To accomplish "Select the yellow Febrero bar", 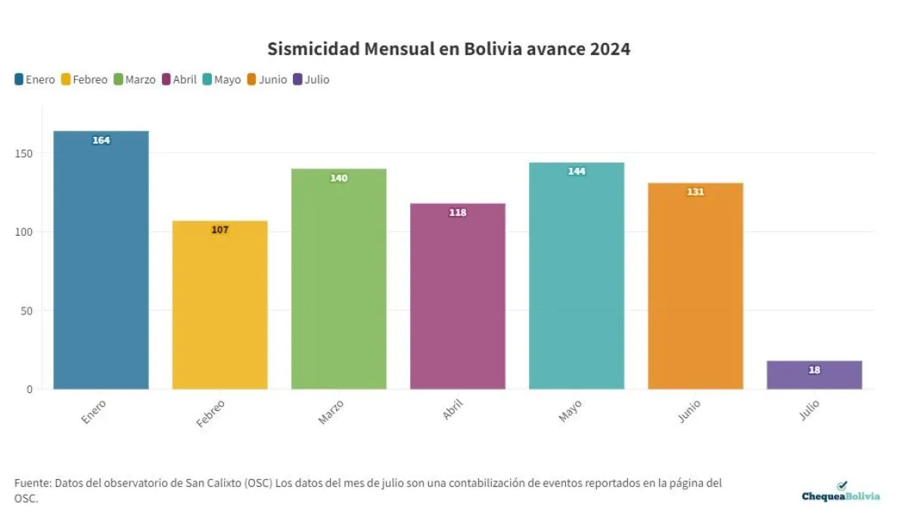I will coord(219,310).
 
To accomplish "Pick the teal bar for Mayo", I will coord(577,280).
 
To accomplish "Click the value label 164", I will coord(101,141).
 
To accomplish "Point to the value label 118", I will coord(458,213).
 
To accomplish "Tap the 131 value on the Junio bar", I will coord(695,192).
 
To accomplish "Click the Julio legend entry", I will coord(311,79).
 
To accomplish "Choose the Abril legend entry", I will coord(179,79).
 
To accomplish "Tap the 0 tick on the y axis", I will coord(30,389).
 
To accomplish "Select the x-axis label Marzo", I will coord(331,412).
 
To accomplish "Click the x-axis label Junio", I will coord(689,412).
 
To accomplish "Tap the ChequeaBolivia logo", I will coord(841,493).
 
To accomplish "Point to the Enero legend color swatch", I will coord(19,79).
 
